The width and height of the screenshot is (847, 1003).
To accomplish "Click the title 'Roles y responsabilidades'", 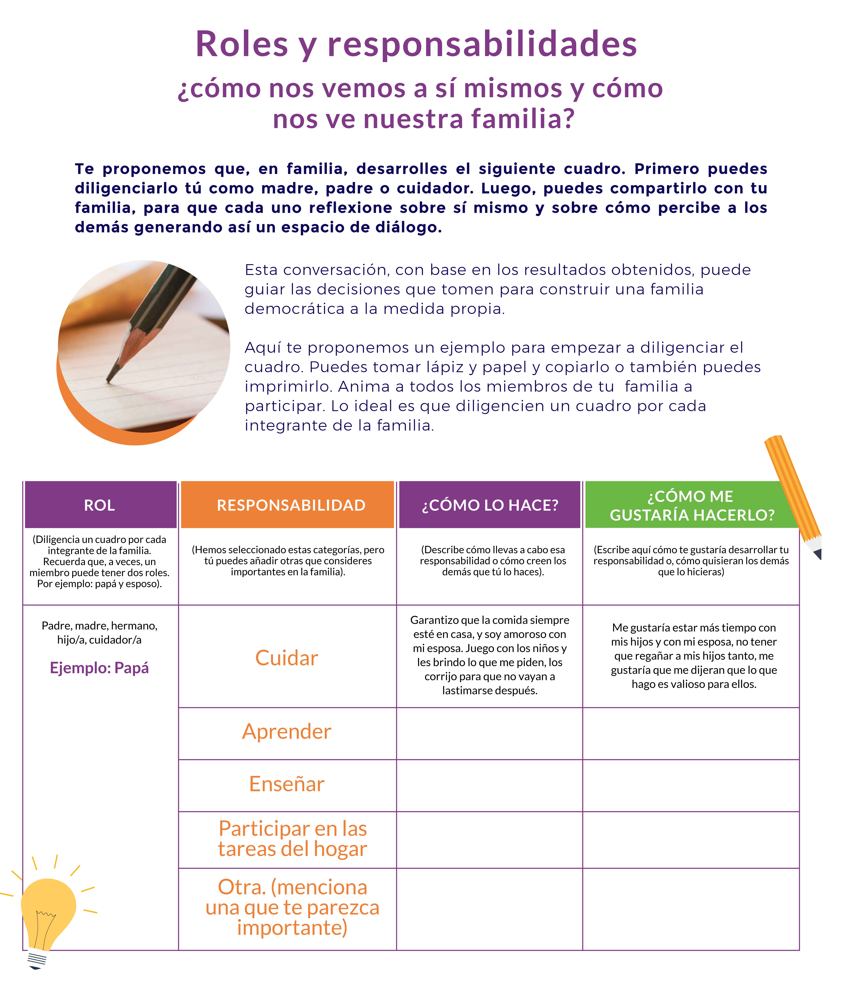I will point(416,44).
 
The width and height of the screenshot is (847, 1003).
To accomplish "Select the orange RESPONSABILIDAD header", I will point(291,505).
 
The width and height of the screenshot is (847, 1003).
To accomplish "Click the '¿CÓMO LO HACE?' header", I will point(490,505).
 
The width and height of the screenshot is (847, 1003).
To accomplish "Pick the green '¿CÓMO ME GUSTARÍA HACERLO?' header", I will point(691,505).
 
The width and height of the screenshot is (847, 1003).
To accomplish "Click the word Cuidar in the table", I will point(287,658).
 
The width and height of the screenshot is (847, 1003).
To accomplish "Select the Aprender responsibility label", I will point(287,731).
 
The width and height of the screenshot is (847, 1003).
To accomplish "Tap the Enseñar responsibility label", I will point(287,784).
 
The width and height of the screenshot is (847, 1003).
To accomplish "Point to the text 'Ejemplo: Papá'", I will point(99,668).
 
